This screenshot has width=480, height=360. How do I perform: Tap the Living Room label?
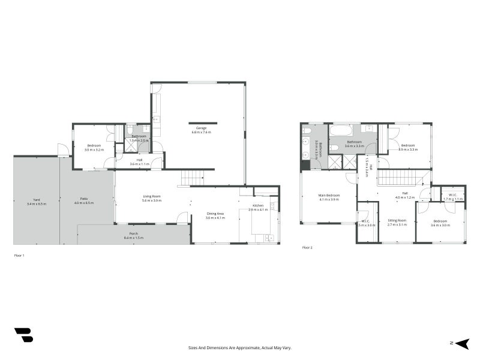click(151, 196)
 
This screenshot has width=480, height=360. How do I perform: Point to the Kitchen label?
click(258, 206)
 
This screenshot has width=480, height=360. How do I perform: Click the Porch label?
click(133, 234)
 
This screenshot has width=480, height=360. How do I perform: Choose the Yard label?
click(36, 200)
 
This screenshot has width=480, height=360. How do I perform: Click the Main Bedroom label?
click(329, 196)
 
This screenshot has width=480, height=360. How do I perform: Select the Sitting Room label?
click(397, 220)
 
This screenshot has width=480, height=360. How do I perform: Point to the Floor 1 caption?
click(19, 255)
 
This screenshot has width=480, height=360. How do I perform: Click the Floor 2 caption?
click(308, 247)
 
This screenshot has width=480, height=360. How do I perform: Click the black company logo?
click(23, 335)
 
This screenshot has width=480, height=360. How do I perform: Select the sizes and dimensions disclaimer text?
click(240, 348)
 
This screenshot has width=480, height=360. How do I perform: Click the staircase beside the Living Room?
click(193, 178)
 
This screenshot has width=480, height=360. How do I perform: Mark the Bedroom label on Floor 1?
click(94, 146)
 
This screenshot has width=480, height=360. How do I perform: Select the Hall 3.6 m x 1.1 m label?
click(139, 160)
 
